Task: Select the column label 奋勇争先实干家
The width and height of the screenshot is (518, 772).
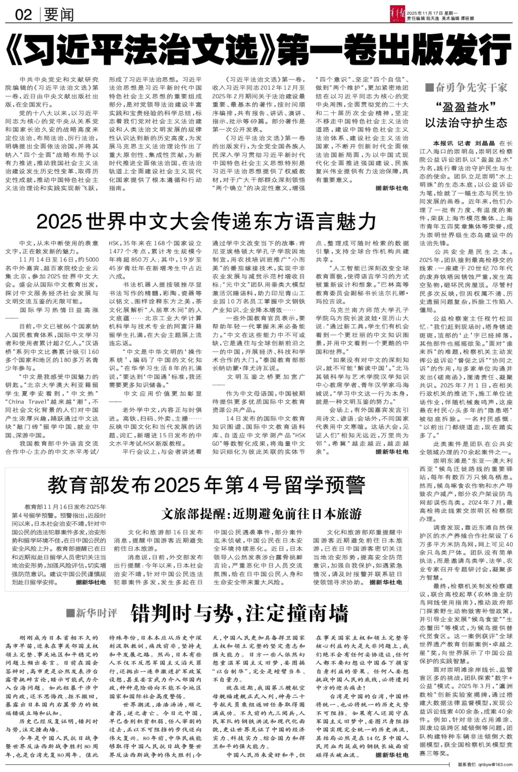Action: click(x=471, y=88)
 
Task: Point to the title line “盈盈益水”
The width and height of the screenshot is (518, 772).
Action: click(x=466, y=108)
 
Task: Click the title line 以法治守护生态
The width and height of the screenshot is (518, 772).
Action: click(x=466, y=123)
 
